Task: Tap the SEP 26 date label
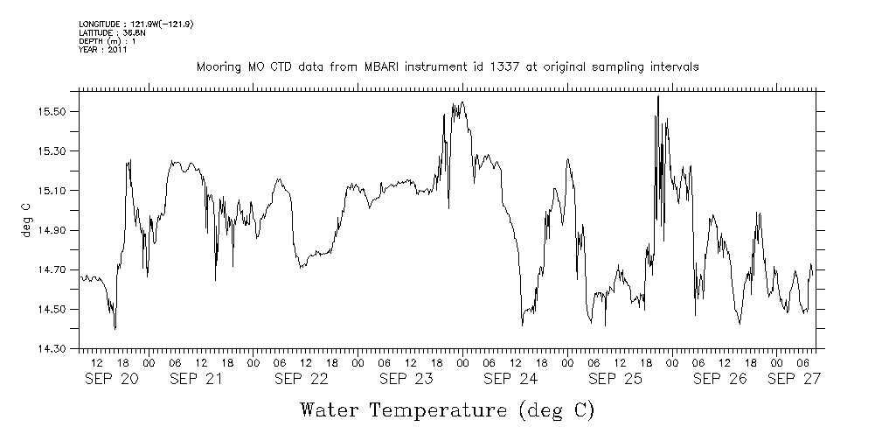[x=720, y=380]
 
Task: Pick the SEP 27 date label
[x=795, y=380]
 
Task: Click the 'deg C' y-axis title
[x=25, y=220]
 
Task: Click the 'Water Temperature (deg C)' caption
[x=448, y=409]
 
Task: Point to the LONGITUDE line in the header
[x=136, y=24]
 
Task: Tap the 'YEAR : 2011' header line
[x=103, y=50]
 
